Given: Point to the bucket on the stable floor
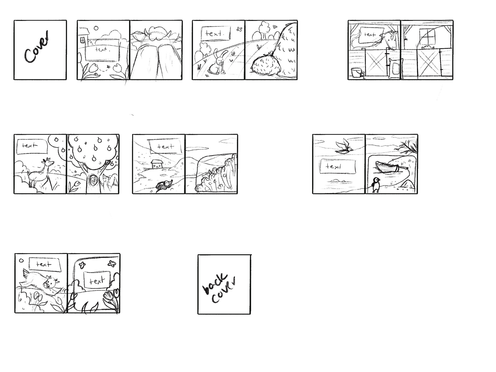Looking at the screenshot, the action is pyautogui.click(x=356, y=73).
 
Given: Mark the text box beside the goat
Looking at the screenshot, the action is pyautogui.click(x=32, y=146).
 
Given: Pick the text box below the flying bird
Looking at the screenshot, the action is pyautogui.click(x=338, y=166).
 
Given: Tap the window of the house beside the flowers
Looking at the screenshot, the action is pyautogui.click(x=82, y=40).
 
